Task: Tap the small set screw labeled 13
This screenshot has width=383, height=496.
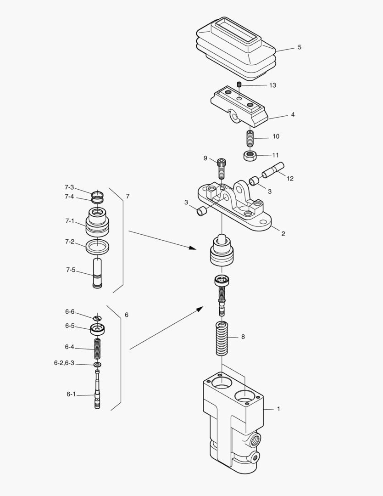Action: tap(239, 85)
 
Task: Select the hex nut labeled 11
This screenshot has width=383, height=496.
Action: tap(249, 155)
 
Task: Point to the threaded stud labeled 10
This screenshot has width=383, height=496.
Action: tap(250, 137)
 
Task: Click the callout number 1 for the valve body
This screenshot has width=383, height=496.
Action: tap(278, 408)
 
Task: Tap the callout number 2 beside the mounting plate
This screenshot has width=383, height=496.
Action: tap(283, 233)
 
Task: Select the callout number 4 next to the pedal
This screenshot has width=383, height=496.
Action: tap(293, 115)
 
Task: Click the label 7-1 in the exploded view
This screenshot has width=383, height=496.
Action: tap(69, 221)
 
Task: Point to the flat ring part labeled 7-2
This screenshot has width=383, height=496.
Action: tap(97, 247)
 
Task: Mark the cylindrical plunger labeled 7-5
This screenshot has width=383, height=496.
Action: tap(97, 273)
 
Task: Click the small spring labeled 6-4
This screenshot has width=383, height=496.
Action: tap(97, 349)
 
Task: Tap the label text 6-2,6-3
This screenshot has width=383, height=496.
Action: tap(64, 363)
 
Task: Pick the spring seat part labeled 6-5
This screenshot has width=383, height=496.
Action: tap(97, 329)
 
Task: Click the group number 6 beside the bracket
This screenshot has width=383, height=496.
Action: tap(127, 315)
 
